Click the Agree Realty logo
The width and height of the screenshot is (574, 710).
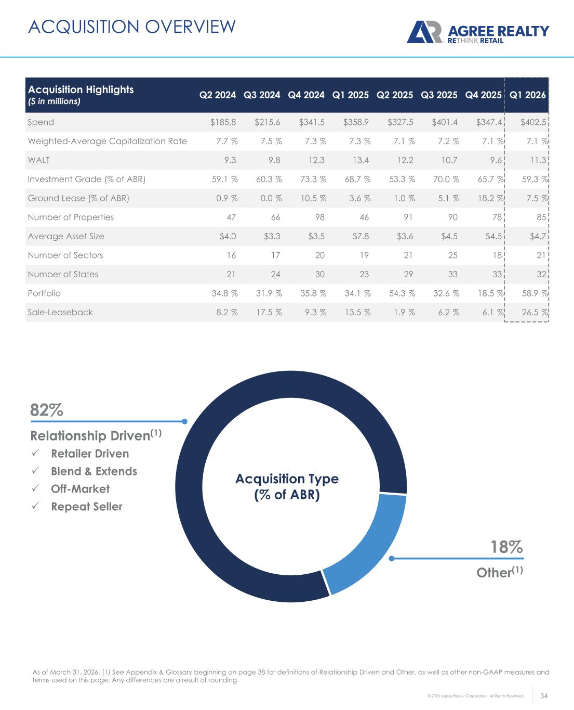point(477,32)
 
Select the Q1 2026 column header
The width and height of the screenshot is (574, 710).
point(528,95)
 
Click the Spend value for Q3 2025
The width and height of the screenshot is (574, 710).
point(446,122)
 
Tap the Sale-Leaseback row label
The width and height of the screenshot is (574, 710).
point(60,312)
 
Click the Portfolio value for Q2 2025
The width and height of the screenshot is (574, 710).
point(402,293)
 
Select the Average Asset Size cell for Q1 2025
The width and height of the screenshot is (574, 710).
point(360,236)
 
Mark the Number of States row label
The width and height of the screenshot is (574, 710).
point(63,274)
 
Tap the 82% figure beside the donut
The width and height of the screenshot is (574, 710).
point(47,410)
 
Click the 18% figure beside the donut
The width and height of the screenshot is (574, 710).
point(506,547)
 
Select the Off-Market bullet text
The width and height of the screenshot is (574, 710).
point(80,489)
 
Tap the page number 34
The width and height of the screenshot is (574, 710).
point(544,695)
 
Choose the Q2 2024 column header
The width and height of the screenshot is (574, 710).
point(218,95)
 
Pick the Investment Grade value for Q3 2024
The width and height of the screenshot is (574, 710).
point(268,179)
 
